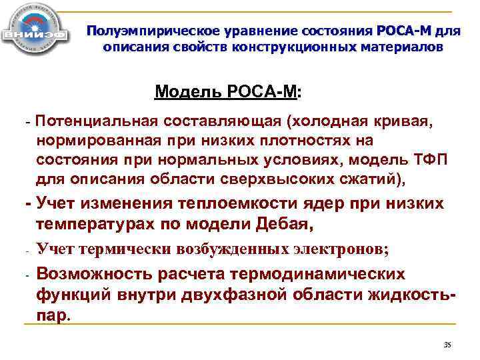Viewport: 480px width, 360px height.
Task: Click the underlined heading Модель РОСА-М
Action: point(226,91)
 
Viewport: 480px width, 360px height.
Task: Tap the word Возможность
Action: point(101,274)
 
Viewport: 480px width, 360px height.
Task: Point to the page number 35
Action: point(447,344)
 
